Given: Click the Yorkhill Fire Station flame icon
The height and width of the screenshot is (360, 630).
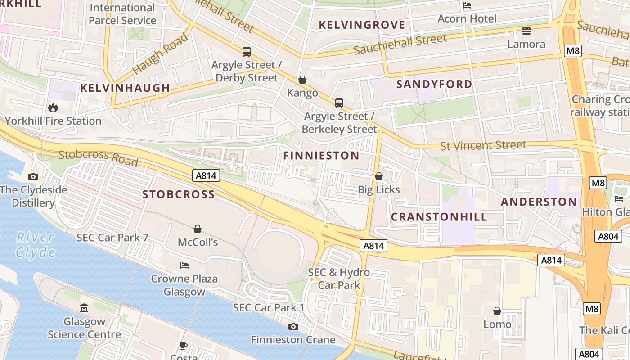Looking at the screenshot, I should [53, 108].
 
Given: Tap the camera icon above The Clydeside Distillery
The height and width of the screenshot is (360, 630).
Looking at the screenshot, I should [33, 177].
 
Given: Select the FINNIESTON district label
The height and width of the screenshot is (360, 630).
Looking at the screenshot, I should [321, 156].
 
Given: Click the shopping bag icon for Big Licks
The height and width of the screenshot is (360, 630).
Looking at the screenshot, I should [379, 176].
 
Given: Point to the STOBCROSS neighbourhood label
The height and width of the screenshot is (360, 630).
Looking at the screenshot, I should [179, 194].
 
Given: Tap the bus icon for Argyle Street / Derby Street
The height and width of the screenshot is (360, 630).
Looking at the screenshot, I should [246, 52].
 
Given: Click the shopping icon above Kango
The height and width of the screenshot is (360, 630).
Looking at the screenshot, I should [302, 80].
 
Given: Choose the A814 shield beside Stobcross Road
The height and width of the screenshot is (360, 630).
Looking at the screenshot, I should [207, 175].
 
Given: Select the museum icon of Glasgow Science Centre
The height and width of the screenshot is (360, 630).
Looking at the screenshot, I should [84, 308].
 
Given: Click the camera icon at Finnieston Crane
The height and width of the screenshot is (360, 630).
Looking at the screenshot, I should [293, 326].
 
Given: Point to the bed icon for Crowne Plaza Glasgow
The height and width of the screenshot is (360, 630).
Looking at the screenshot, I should [184, 265].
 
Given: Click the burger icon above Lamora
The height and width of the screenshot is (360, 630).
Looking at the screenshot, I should [526, 31].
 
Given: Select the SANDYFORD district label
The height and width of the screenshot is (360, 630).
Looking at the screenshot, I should [434, 84].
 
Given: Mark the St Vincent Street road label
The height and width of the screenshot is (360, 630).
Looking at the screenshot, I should [483, 145].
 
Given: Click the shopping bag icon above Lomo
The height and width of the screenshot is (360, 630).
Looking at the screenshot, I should [497, 311].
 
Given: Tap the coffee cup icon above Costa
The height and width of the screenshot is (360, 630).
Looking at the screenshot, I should [184, 346].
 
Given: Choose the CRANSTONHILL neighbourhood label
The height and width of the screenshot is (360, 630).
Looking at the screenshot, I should [439, 217].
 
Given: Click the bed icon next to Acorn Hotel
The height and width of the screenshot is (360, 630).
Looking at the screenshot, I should [467, 6].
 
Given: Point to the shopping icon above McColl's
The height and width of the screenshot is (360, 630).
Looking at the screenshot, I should [197, 229].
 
